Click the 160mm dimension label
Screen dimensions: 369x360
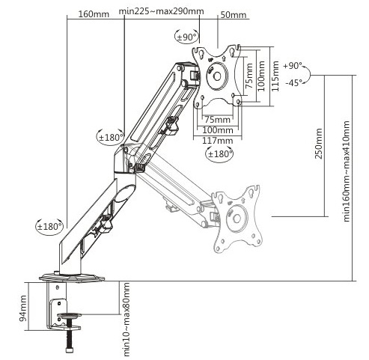(94, 14)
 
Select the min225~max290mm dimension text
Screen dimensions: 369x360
(161, 11)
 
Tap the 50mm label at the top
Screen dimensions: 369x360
(234, 15)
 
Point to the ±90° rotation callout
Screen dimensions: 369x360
(186, 37)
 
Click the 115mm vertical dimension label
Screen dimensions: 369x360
(275, 76)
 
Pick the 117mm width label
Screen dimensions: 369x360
(218, 141)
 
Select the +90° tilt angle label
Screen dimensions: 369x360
(293, 66)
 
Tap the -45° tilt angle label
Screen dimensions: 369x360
(293, 82)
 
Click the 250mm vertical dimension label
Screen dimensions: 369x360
(318, 143)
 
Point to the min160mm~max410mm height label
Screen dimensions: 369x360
(347, 171)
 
